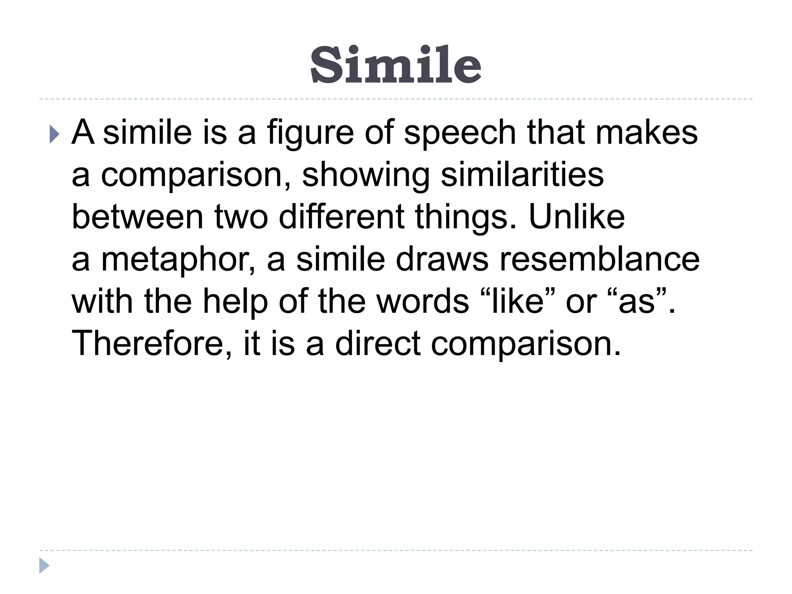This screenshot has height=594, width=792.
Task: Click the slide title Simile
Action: [396, 65]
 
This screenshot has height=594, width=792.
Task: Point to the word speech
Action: [460, 133]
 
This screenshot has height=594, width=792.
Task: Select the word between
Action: [138, 217]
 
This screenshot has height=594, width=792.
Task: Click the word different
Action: [341, 217]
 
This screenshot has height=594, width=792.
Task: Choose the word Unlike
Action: [577, 217]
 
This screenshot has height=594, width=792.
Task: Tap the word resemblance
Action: [599, 259]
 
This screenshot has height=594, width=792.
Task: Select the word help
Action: [235, 302]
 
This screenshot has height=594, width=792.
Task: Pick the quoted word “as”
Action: [638, 301]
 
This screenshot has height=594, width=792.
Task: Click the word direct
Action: [377, 344]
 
